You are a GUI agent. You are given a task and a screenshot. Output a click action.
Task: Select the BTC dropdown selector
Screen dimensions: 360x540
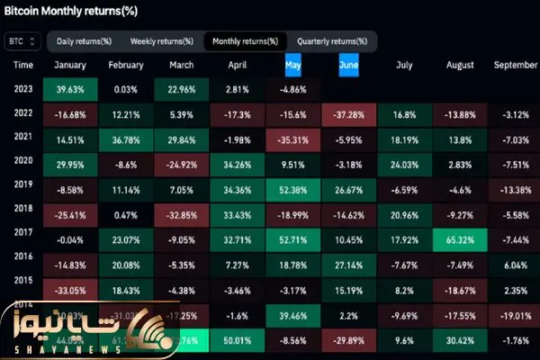point(22,41)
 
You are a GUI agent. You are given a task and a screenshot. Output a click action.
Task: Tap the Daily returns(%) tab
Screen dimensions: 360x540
point(84,41)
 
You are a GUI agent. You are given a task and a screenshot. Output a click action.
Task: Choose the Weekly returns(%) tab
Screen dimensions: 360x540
point(161,41)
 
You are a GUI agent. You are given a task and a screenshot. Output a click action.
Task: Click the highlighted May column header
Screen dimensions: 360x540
point(293,65)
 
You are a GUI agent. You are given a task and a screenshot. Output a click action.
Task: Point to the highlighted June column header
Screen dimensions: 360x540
point(348,65)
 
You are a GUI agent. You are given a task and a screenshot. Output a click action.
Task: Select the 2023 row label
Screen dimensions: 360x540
point(24,89)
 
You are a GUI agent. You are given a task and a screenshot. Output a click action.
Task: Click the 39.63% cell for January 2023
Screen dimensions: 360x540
point(71,89)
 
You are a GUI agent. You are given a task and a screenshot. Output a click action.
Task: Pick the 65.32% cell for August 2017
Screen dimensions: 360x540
point(460,238)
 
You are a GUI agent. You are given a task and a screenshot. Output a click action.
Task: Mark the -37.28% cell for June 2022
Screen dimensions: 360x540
point(348,114)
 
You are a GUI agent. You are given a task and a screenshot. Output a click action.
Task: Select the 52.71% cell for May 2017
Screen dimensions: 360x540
point(293,238)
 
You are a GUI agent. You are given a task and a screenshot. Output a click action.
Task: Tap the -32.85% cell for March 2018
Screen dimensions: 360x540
point(183,214)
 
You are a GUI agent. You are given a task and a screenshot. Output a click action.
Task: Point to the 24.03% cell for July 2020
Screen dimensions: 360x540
point(404,165)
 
